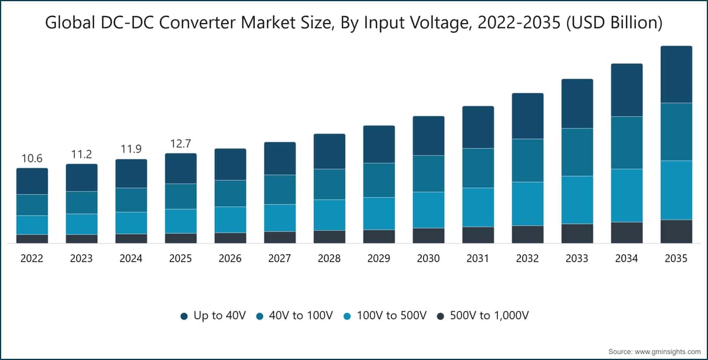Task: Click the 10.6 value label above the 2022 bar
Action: click(32, 158)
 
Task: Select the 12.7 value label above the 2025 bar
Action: click(181, 144)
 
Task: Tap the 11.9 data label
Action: click(131, 149)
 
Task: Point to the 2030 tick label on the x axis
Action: click(428, 258)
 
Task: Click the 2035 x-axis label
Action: click(676, 258)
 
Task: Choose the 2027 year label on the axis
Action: click(280, 258)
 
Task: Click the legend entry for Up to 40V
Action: click(213, 315)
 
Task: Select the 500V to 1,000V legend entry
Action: click(483, 315)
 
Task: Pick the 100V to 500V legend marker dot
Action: click(347, 316)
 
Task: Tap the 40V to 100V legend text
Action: click(301, 315)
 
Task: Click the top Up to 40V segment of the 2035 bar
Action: click(676, 74)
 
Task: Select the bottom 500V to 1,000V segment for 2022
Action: click(32, 239)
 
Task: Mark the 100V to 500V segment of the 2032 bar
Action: click(528, 204)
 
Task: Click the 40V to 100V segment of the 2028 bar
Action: click(329, 184)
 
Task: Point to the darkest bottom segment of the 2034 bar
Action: click(627, 233)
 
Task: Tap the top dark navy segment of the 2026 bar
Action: click(231, 164)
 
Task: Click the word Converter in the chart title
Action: click(198, 22)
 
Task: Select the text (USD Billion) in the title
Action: click(614, 23)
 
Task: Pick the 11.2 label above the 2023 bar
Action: click(81, 154)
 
